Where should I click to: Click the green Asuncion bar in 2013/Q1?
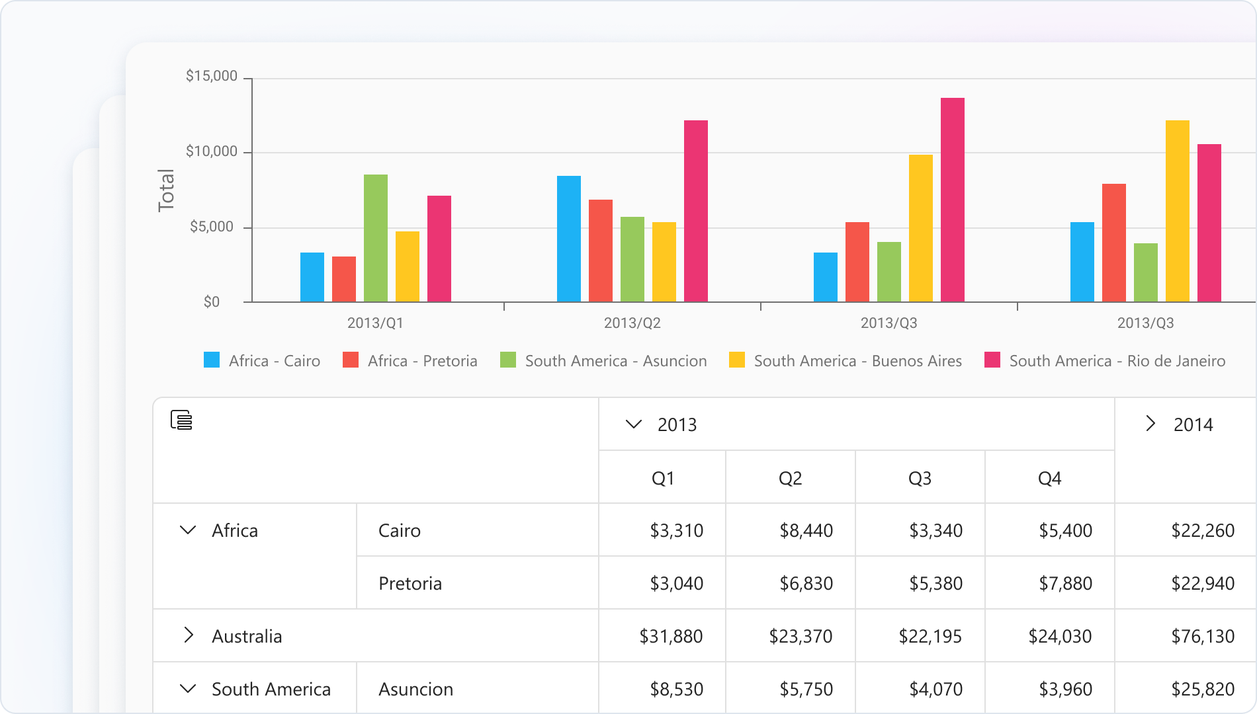pos(375,238)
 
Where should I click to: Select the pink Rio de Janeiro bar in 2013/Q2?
pos(695,211)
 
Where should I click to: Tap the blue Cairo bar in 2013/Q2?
pos(568,239)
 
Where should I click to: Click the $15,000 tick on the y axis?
pos(211,76)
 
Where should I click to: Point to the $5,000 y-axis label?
pos(211,227)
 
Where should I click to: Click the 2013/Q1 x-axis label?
pos(375,323)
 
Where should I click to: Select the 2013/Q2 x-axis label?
pos(632,323)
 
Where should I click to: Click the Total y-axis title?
pos(166,190)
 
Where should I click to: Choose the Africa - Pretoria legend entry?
pos(410,361)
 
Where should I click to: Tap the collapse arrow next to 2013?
pos(633,424)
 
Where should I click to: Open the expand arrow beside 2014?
pos(1150,424)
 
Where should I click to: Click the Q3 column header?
pos(920,478)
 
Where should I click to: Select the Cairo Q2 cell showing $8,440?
pos(806,530)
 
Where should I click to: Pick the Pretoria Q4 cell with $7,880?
pos(1065,583)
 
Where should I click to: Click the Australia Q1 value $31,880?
pos(671,636)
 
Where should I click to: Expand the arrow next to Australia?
pos(189,635)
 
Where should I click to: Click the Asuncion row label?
pos(415,689)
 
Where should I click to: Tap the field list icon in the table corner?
pos(181,420)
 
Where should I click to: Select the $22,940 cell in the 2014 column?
pos(1202,583)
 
